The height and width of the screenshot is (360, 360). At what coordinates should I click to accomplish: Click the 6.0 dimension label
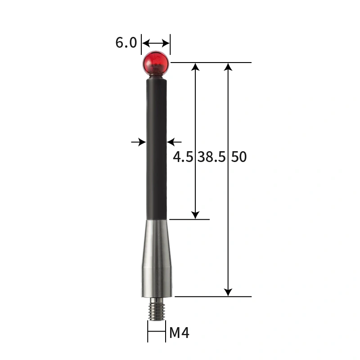(x=126, y=43)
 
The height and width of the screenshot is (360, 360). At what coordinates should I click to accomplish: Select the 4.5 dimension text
(x=183, y=157)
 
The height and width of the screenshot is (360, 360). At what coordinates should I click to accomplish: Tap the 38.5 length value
(x=212, y=157)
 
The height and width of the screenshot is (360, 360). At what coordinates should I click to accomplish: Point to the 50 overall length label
(x=239, y=157)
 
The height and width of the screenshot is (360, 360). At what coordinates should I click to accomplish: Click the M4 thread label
(x=179, y=333)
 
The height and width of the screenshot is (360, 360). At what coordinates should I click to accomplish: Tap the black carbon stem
(x=157, y=148)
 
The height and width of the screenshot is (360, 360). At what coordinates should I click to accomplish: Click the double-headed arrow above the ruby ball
(x=156, y=43)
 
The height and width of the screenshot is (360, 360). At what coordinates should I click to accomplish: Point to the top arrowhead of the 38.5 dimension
(x=195, y=67)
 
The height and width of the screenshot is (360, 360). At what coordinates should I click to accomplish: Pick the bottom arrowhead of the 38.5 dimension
(x=195, y=215)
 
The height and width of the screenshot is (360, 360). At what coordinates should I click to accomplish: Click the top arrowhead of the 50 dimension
(x=228, y=67)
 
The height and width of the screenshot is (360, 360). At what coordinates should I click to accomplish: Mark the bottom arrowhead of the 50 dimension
(x=228, y=292)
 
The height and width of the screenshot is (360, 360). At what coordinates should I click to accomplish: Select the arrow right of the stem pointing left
(x=175, y=142)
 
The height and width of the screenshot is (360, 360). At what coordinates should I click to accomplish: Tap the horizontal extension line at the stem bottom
(x=189, y=219)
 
